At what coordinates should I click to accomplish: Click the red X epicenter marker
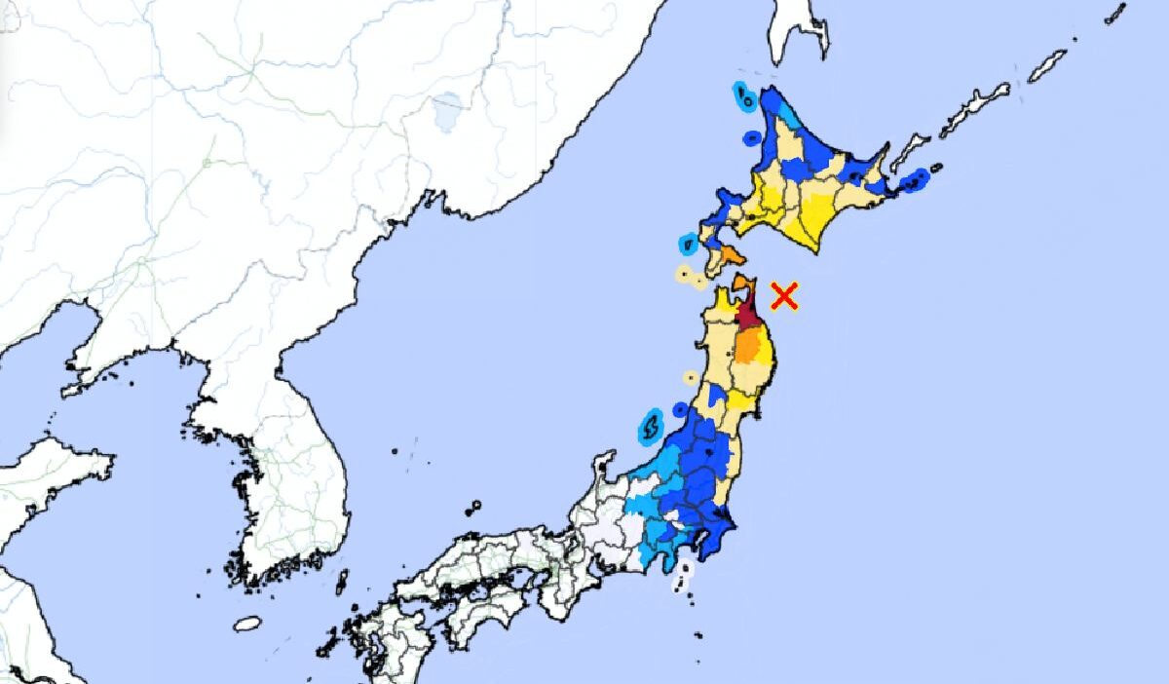(x=784, y=295)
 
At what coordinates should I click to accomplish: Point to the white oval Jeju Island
(x=247, y=624)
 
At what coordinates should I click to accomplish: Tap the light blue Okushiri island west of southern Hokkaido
(x=688, y=241)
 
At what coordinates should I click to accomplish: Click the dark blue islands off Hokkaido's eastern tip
(x=916, y=180)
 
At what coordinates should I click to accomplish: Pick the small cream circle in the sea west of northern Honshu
(x=691, y=377)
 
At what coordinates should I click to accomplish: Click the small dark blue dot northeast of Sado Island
(x=679, y=410)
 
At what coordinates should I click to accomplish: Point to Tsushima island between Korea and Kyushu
(x=342, y=583)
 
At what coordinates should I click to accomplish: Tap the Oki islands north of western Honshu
(x=472, y=508)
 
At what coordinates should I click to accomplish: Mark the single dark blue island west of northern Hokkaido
(x=751, y=138)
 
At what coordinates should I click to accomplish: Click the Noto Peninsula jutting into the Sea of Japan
(x=603, y=468)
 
